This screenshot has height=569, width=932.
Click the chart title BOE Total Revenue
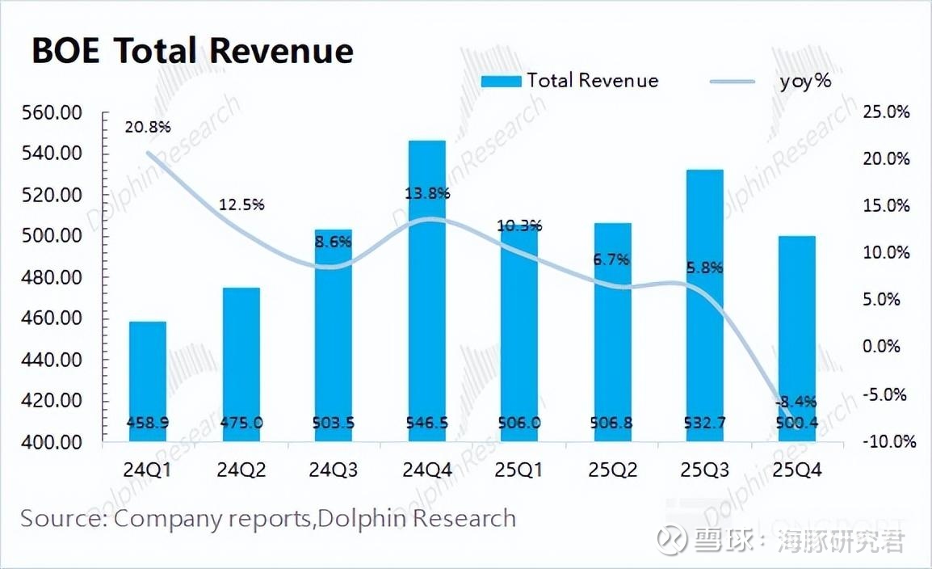pos(192,51)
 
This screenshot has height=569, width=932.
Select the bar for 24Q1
pos(148,380)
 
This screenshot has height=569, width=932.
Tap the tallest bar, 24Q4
pos(427,291)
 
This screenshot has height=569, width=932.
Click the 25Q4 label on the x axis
pos(797,470)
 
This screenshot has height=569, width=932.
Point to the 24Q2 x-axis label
pos(241,470)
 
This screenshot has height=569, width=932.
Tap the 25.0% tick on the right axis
pos(886,112)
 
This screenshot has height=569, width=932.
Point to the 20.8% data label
pos(148,127)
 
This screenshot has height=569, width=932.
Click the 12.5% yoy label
pos(241,205)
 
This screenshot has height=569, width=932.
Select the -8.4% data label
pos(796,402)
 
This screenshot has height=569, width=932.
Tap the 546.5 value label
pos(427,423)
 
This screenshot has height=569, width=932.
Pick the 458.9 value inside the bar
pos(148,423)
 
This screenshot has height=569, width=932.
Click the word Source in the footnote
pos(60,518)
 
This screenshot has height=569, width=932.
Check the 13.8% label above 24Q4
pos(427,194)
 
